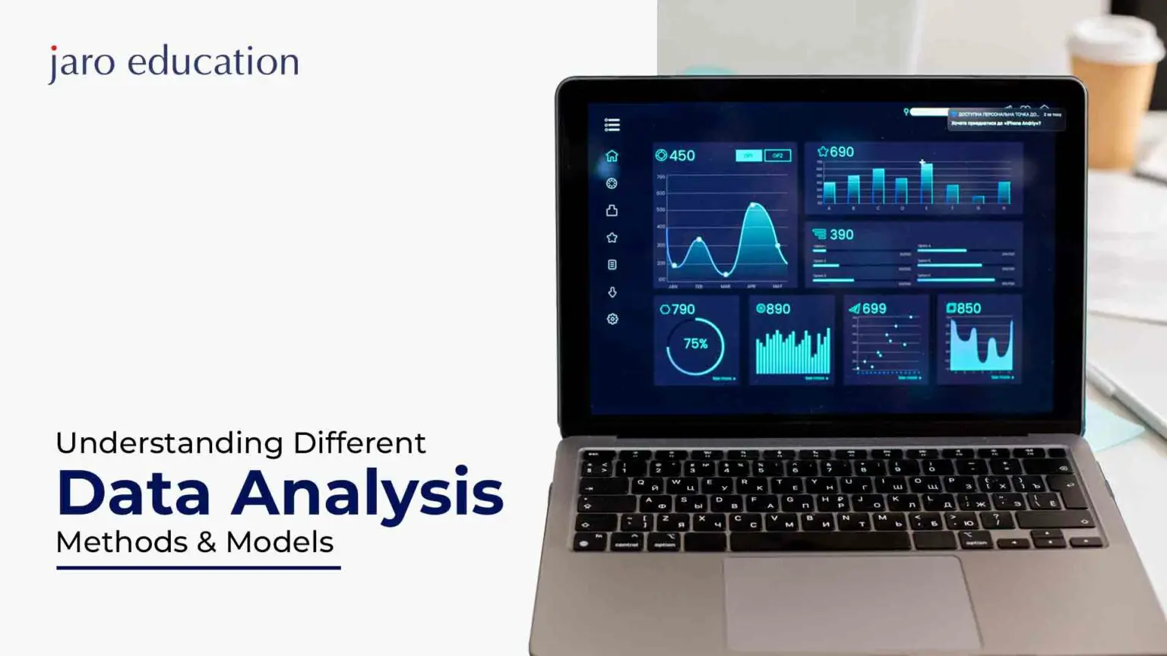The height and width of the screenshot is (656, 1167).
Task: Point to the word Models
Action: pyautogui.click(x=280, y=542)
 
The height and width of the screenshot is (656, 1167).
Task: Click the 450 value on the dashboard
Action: pyautogui.click(x=682, y=156)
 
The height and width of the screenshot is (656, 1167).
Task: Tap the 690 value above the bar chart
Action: pyautogui.click(x=841, y=152)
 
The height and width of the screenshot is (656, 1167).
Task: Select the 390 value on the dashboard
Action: pyautogui.click(x=841, y=235)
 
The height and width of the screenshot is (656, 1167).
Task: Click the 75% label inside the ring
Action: pyautogui.click(x=695, y=344)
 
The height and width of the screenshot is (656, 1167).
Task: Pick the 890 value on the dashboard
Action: pyautogui.click(x=777, y=309)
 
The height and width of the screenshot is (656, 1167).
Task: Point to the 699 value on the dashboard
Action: pyautogui.click(x=874, y=308)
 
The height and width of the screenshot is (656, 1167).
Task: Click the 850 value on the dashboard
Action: pyautogui.click(x=969, y=308)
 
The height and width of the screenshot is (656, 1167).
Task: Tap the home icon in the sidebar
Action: pyautogui.click(x=612, y=156)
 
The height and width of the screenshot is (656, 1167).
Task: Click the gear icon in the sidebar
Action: pyautogui.click(x=612, y=319)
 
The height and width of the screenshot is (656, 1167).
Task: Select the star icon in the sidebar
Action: pyautogui.click(x=612, y=238)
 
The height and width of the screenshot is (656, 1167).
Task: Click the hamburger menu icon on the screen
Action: pyautogui.click(x=612, y=125)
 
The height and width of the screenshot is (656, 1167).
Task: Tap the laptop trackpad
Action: pyautogui.click(x=843, y=600)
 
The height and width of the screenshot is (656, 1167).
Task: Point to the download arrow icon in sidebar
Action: pyautogui.click(x=612, y=292)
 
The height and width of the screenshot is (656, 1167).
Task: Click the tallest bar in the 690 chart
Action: pyautogui.click(x=926, y=183)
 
